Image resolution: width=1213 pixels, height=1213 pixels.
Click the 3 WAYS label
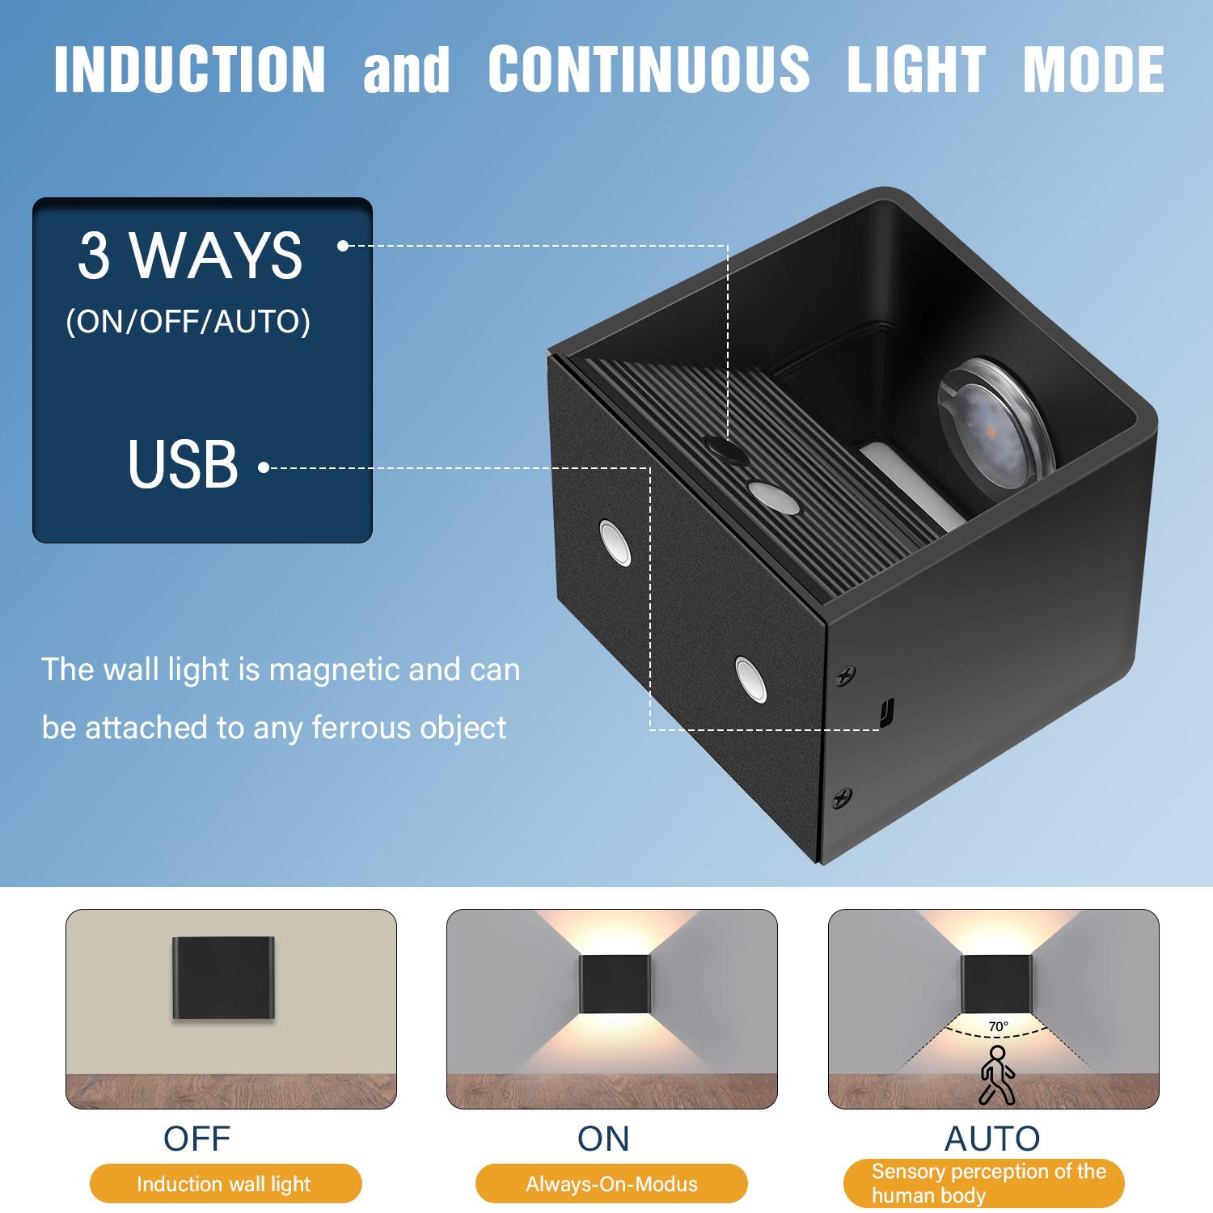coord(190,256)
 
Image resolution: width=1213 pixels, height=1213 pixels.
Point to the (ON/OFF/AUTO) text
coord(188,322)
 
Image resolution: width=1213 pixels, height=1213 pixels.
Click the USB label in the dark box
coord(183,465)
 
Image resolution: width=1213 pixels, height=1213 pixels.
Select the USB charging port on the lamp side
coord(885,712)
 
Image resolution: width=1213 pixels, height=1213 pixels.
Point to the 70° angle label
coord(998,1027)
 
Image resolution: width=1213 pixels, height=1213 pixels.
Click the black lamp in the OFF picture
coord(223,978)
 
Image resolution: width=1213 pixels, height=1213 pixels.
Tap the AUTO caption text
coord(992,1138)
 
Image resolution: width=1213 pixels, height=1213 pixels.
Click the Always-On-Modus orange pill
coord(611,1185)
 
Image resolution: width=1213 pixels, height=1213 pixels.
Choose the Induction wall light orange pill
coord(224,1185)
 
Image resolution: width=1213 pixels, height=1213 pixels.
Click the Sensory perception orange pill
coord(984,1183)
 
